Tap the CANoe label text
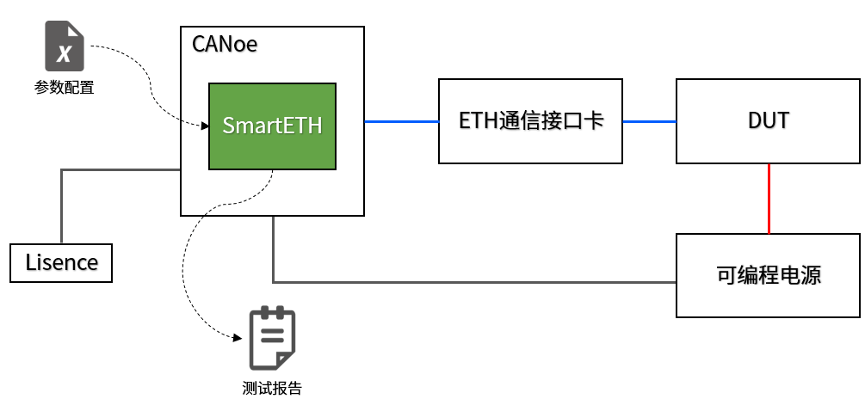tap(225, 44)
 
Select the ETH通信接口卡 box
tap(530, 121)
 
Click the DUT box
tap(768, 121)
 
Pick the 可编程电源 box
tap(768, 275)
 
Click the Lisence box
tap(61, 262)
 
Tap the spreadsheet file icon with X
tap(65, 46)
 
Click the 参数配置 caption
tap(65, 87)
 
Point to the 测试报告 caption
tap(272, 388)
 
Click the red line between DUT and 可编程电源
tap(769, 198)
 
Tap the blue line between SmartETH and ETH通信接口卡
tap(401, 121)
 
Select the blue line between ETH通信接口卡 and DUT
tap(649, 121)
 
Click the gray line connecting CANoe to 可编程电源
tap(473, 281)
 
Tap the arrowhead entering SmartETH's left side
tap(205, 127)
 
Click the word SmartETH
tap(272, 126)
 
